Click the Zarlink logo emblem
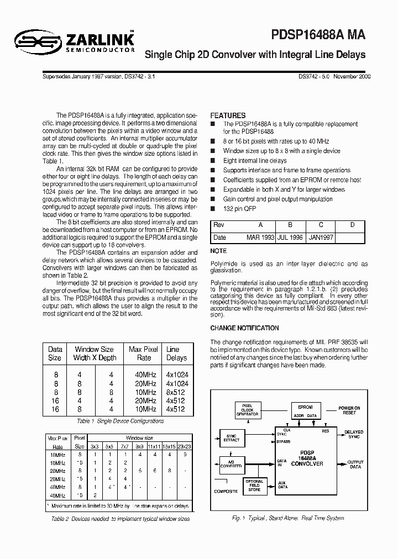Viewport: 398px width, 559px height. click(x=34, y=40)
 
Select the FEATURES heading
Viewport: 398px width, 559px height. click(x=228, y=115)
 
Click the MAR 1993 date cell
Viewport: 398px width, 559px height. click(x=260, y=237)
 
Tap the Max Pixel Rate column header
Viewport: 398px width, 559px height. click(x=143, y=354)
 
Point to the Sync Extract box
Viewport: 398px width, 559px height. click(x=231, y=437)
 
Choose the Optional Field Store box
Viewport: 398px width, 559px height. click(x=254, y=486)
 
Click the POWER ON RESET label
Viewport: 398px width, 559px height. click(x=349, y=410)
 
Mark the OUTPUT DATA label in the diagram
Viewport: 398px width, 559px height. click(x=354, y=463)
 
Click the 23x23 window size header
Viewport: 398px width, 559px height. click(x=186, y=446)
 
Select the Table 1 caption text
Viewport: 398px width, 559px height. click(x=120, y=421)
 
